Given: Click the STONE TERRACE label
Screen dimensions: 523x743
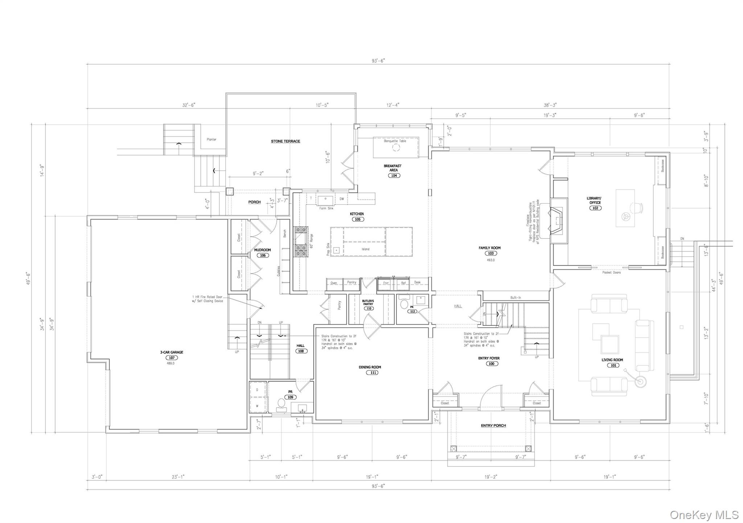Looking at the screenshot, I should click(x=286, y=141).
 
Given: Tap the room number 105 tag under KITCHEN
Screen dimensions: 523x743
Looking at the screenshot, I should click(x=357, y=219).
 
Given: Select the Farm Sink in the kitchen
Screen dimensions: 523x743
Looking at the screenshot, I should click(x=326, y=199).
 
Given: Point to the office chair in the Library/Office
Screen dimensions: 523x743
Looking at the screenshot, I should click(x=637, y=208).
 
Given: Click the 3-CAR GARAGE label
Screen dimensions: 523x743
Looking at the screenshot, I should click(x=172, y=352).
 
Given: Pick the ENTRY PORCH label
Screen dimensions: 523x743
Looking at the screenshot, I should click(x=493, y=425).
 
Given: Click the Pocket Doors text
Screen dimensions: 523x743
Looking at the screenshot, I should click(x=611, y=272).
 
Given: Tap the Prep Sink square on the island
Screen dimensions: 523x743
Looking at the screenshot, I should click(x=337, y=250).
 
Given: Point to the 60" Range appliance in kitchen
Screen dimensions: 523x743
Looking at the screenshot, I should click(x=300, y=241).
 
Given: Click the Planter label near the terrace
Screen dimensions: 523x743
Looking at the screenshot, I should click(x=212, y=139).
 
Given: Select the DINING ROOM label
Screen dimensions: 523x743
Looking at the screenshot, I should click(x=370, y=367).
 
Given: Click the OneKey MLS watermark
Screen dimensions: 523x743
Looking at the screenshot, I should click(x=704, y=514).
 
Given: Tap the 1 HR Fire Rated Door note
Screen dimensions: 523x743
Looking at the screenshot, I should click(x=207, y=299).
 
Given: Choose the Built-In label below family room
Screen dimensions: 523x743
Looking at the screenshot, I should click(x=515, y=298).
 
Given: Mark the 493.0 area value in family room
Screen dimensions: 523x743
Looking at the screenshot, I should click(x=490, y=260).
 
